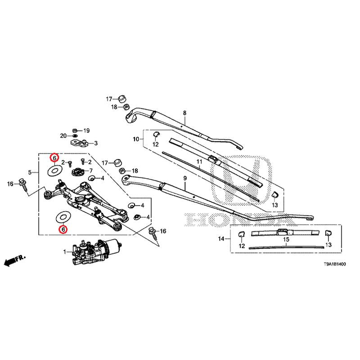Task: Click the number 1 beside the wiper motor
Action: click(x=64, y=252)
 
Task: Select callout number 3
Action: click(x=95, y=144)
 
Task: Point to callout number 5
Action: click(x=30, y=172)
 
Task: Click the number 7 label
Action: click(x=90, y=171)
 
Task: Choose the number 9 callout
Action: click(x=184, y=179)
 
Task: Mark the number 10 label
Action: click(x=136, y=139)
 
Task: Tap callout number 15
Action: click(x=286, y=239)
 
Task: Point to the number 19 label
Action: click(x=86, y=130)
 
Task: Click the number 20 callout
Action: click(x=63, y=135)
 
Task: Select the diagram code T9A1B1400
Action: click(x=333, y=266)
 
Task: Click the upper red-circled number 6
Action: click(x=54, y=158)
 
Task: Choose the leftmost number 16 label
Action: click(x=10, y=184)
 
